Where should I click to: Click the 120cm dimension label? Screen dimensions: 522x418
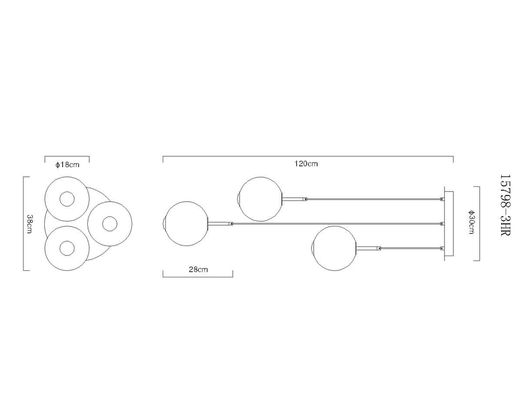coord(306,164)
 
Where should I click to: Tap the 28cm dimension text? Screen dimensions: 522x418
coord(198,270)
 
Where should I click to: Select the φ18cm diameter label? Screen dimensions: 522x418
coord(67,165)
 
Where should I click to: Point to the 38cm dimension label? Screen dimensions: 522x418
coord(29,224)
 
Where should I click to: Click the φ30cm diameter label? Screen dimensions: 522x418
coord(471,222)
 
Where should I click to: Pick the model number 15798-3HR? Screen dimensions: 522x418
coord(506,205)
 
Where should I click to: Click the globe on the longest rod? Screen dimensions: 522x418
coord(186,224)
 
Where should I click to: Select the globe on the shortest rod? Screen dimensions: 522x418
coord(334,248)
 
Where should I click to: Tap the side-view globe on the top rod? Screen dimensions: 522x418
coord(261,199)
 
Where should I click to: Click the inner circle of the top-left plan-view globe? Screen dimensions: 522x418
coord(67,192)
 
